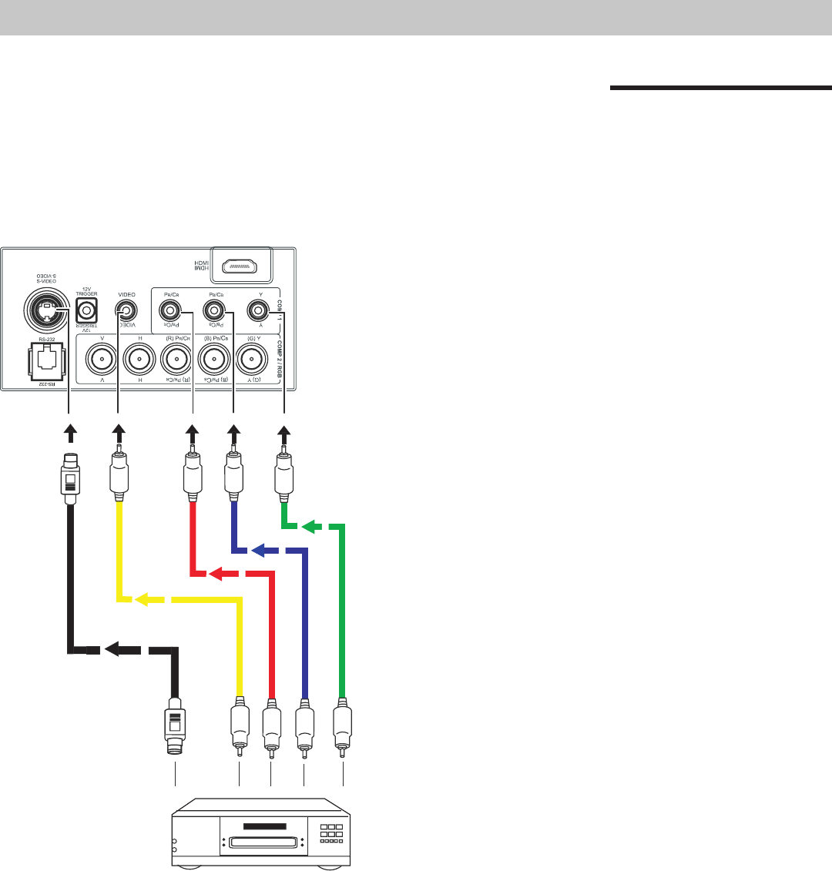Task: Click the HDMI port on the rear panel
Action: (x=246, y=266)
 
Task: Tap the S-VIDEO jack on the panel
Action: (x=46, y=310)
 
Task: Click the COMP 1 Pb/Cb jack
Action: (x=213, y=311)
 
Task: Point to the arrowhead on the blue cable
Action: (x=260, y=551)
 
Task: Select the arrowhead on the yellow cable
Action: (x=144, y=598)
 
